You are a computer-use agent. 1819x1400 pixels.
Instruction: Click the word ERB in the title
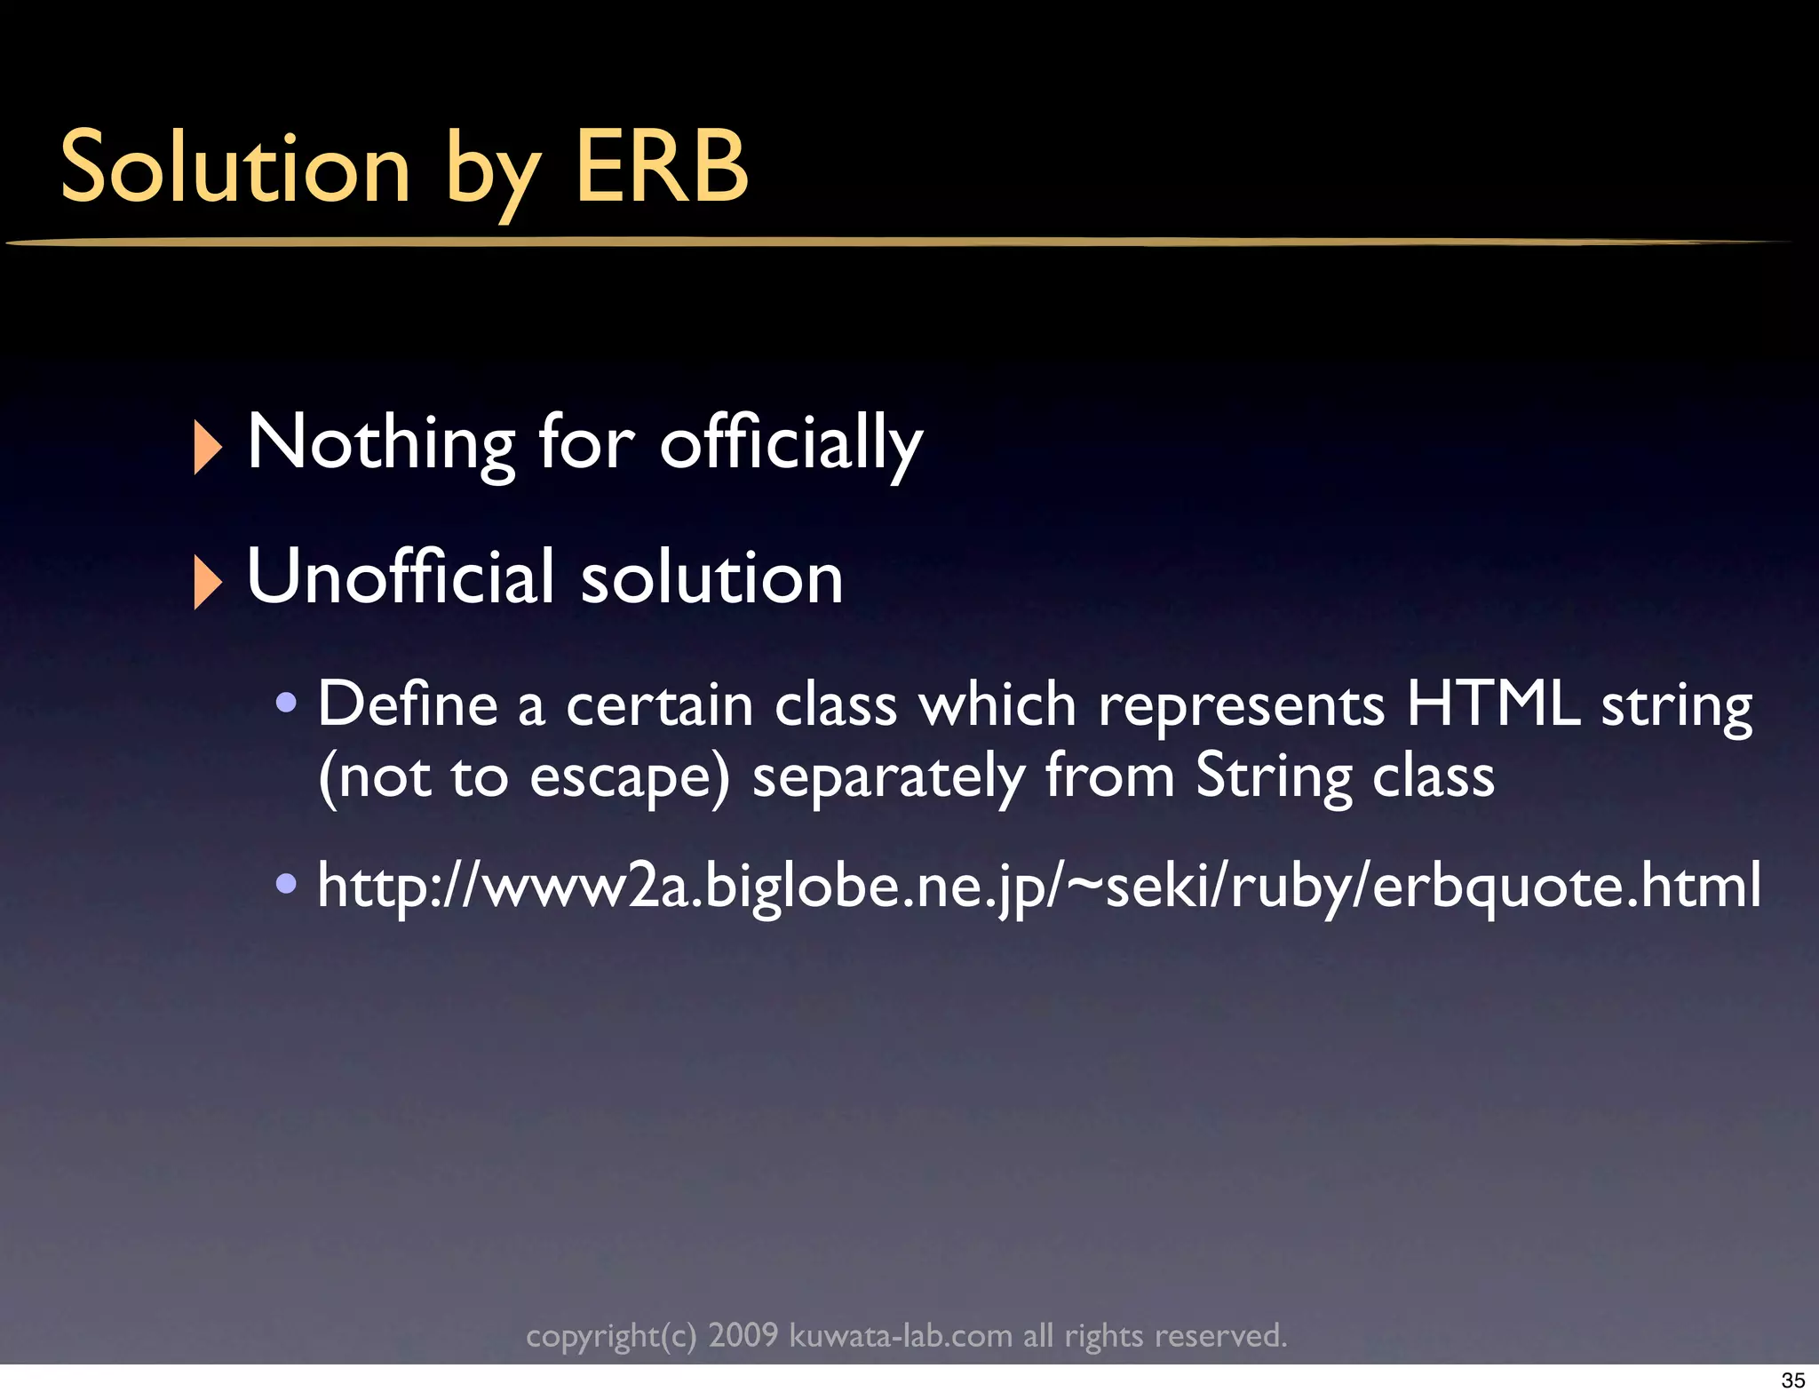point(662,167)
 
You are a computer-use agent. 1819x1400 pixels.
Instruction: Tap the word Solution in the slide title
point(235,167)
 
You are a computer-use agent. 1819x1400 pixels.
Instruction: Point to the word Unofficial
point(401,577)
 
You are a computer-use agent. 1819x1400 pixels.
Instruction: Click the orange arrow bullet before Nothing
point(207,447)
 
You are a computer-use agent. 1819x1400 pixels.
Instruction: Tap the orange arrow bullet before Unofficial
point(207,582)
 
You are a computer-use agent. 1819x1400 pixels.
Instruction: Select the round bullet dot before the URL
point(286,885)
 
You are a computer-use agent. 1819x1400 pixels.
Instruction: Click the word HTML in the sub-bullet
point(1493,704)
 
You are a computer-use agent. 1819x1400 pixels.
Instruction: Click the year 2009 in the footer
point(743,1335)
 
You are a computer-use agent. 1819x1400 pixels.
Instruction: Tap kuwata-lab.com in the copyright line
point(901,1335)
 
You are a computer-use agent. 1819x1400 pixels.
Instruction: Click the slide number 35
point(1793,1380)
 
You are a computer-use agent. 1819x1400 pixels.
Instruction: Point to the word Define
point(408,704)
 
